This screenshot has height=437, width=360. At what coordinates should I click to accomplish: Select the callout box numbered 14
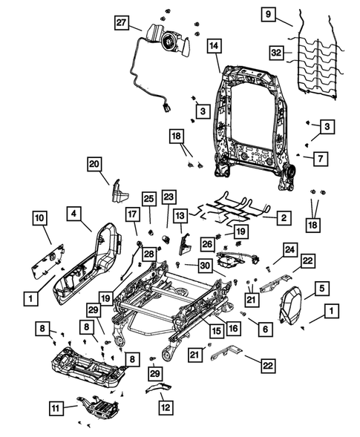coord(213,47)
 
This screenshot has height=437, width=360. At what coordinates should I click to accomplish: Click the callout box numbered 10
coord(39,217)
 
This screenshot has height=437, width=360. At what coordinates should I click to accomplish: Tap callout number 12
coord(164,407)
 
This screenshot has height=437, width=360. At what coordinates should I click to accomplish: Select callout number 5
coord(321,287)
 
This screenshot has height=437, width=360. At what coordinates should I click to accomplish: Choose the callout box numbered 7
coord(318,158)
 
